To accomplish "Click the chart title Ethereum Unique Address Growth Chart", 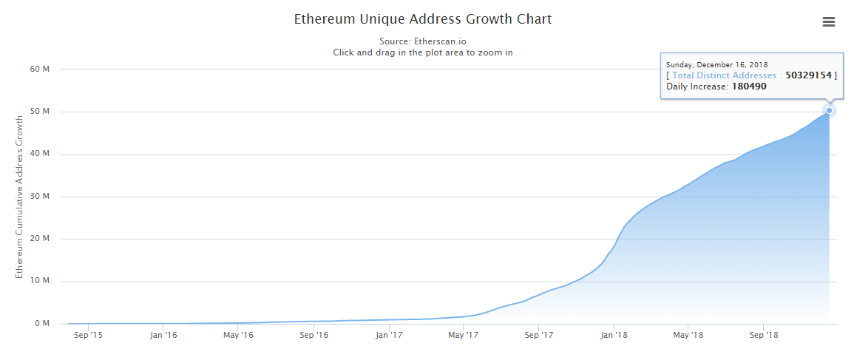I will [423, 19].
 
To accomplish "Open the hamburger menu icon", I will [829, 22].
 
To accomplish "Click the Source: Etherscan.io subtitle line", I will [423, 41].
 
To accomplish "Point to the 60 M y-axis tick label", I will [40, 69].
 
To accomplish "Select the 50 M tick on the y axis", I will [40, 112].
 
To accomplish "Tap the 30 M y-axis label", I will [40, 197].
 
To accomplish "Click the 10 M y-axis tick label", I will [40, 282].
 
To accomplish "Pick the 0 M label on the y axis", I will [42, 324].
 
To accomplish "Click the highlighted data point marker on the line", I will [830, 111].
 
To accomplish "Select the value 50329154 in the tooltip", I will [810, 75].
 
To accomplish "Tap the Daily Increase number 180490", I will [749, 86].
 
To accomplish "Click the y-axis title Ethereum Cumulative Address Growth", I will [20, 197].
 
